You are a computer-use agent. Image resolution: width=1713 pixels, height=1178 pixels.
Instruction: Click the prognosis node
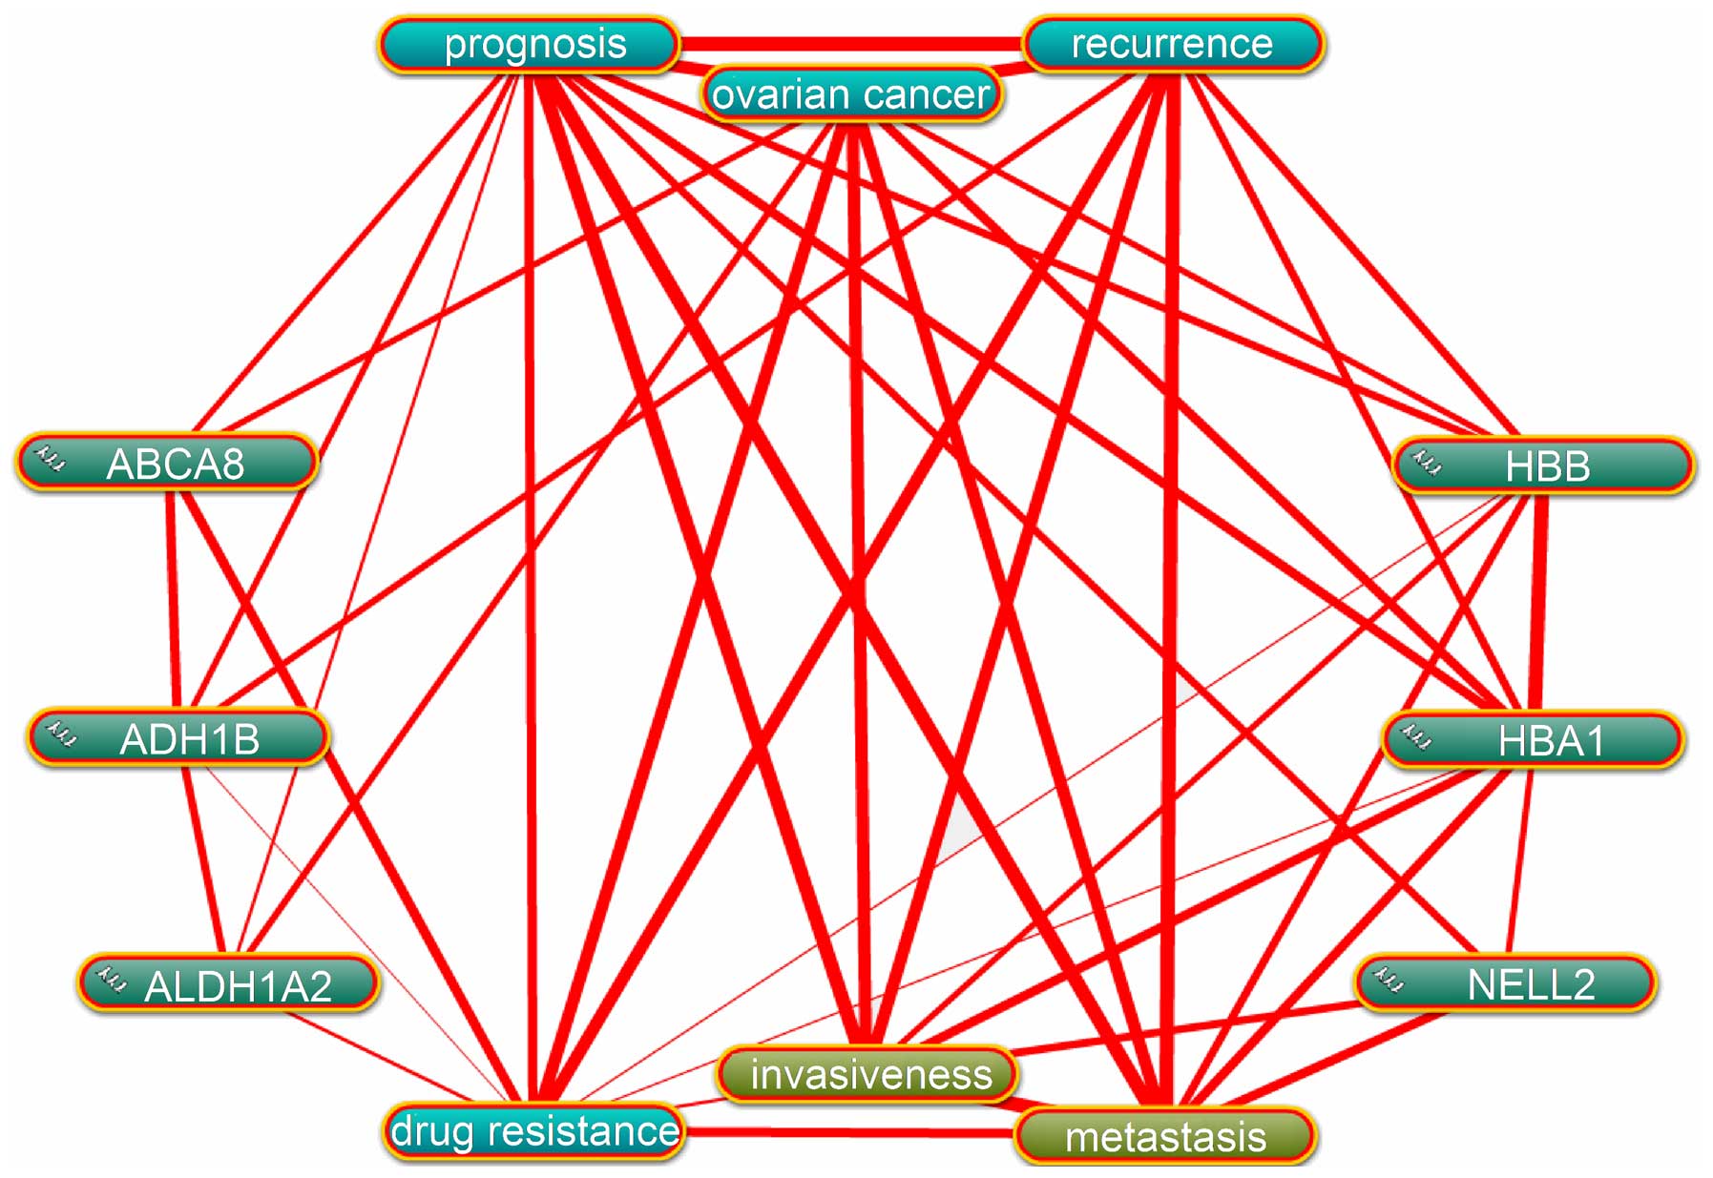pyautogui.click(x=530, y=45)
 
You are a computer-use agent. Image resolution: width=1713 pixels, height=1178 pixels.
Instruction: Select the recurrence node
pyautogui.click(x=1173, y=45)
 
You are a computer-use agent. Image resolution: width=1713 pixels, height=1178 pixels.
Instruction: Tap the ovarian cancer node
pyautogui.click(x=850, y=94)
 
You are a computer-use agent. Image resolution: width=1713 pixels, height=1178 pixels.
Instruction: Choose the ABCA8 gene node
pyautogui.click(x=168, y=464)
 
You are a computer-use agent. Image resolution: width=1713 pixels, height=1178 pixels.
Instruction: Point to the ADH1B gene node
pyautogui.click(x=178, y=738)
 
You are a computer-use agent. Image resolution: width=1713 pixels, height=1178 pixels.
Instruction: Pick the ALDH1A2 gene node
pyautogui.click(x=229, y=984)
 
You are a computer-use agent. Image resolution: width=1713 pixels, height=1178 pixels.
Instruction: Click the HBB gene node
pyautogui.click(x=1544, y=466)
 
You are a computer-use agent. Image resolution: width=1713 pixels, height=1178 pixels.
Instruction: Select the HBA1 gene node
pyautogui.click(x=1534, y=740)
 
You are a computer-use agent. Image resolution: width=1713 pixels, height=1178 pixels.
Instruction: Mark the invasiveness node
pyautogui.click(x=867, y=1074)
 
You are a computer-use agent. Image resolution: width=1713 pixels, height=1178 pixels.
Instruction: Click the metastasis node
pyautogui.click(x=1165, y=1136)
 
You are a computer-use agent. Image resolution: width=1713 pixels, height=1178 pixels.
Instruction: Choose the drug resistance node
pyautogui.click(x=534, y=1131)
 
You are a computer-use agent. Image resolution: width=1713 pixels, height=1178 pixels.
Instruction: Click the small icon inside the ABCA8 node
pyautogui.click(x=50, y=459)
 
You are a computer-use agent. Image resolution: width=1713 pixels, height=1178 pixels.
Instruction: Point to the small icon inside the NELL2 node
pyautogui.click(x=1389, y=979)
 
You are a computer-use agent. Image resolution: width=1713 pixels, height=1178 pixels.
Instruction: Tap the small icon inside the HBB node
pyautogui.click(x=1428, y=463)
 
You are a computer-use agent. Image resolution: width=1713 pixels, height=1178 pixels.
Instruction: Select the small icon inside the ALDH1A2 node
pyautogui.click(x=113, y=979)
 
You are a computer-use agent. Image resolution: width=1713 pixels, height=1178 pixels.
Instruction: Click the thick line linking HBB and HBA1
pyautogui.click(x=1537, y=601)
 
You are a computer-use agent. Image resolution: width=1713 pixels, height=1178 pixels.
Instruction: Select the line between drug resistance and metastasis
pyautogui.click(x=849, y=1133)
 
